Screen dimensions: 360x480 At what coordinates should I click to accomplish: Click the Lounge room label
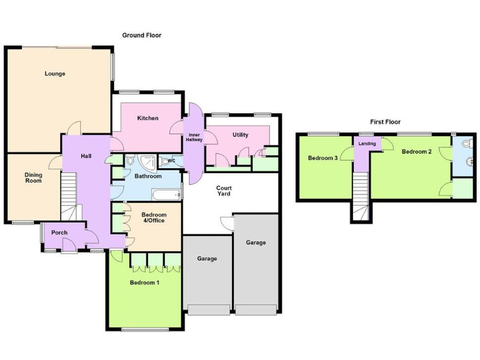click(55, 74)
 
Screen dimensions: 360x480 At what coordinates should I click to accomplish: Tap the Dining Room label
click(33, 177)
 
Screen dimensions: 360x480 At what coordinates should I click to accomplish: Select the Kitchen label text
click(148, 118)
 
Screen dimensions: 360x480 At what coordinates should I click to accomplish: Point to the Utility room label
click(241, 134)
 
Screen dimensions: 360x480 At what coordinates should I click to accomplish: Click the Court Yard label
click(224, 191)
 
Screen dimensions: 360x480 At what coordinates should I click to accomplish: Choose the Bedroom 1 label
click(144, 282)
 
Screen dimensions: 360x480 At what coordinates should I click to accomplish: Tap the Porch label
click(59, 232)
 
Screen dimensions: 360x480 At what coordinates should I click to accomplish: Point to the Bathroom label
click(148, 176)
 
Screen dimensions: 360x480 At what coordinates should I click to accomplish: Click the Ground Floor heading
click(142, 36)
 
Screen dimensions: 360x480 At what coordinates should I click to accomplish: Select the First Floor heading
click(385, 122)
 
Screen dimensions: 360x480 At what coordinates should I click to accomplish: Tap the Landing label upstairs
click(367, 144)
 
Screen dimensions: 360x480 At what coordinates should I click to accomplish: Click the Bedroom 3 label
click(323, 158)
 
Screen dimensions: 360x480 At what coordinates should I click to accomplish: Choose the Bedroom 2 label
click(417, 151)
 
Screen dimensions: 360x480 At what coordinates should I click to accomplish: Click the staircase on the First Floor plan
click(361, 197)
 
